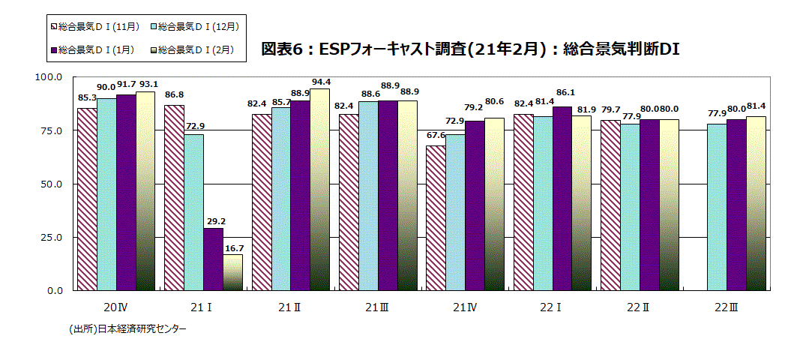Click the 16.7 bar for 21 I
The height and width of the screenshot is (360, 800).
[232, 272]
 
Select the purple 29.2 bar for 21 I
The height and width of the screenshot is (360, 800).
[213, 259]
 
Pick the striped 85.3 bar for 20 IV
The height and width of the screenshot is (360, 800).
[87, 199]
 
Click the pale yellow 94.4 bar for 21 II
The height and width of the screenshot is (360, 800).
[319, 189]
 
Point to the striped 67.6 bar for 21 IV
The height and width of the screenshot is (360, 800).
[436, 217]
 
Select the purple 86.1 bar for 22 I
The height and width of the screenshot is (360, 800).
[562, 198]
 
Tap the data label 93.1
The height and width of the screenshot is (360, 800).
[145, 84]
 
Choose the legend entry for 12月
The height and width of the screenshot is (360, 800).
[194, 26]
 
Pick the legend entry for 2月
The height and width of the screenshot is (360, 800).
[192, 49]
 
